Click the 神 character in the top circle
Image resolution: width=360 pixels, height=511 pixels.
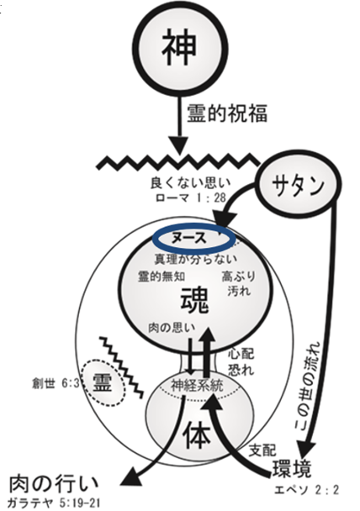(180, 47)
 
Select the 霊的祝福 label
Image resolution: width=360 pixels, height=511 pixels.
(227, 113)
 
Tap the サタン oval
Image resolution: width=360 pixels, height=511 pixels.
(298, 186)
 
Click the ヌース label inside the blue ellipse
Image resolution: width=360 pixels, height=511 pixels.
(189, 239)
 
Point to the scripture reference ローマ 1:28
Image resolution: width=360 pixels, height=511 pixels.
(191, 198)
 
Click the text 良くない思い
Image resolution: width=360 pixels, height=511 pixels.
(190, 183)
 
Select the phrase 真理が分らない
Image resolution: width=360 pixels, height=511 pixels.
(196, 259)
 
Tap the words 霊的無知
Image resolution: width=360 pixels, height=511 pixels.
(161, 277)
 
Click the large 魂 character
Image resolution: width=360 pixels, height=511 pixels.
(194, 301)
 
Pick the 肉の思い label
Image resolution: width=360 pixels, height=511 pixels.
(172, 328)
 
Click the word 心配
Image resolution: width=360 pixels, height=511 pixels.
(241, 353)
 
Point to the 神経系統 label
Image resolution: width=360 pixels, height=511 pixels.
(197, 386)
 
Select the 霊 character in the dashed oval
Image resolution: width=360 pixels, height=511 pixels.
(103, 382)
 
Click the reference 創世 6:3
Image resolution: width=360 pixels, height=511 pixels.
(56, 383)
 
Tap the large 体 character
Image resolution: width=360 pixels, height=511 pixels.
(196, 435)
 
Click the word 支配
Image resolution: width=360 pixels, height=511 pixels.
(262, 450)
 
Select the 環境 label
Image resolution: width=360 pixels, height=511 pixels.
(292, 469)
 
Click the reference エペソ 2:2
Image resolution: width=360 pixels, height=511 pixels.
(306, 490)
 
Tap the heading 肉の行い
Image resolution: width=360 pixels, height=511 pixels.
(53, 484)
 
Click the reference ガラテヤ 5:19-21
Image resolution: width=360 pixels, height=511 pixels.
(53, 503)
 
